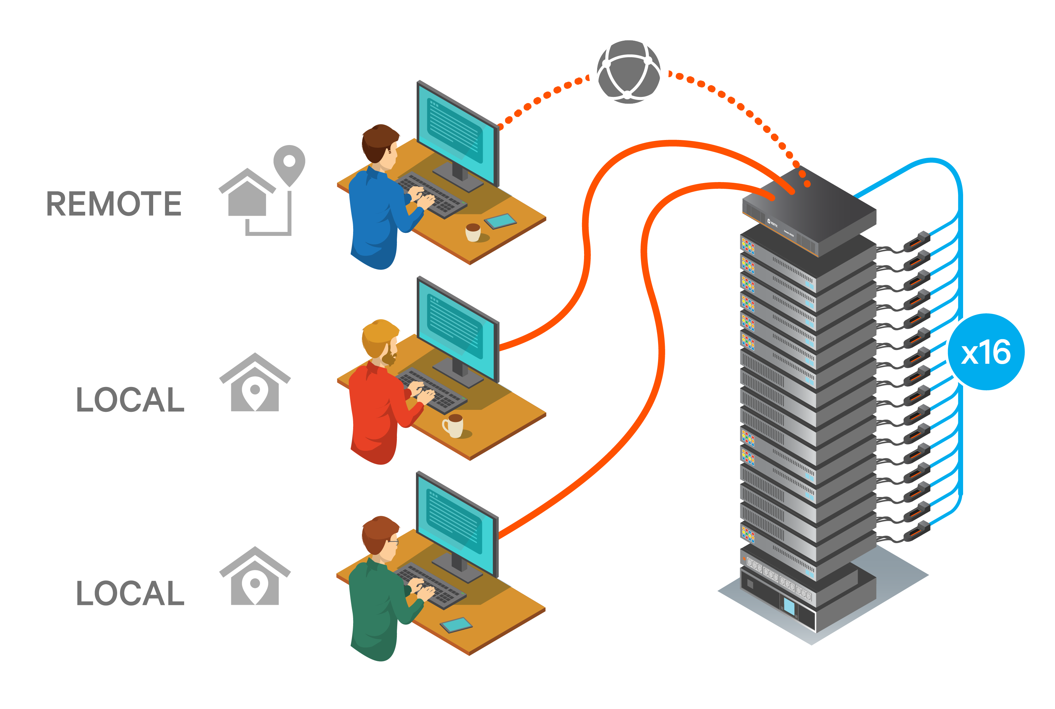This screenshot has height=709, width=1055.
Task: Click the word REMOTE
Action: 114,204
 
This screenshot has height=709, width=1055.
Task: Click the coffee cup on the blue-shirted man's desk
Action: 473,233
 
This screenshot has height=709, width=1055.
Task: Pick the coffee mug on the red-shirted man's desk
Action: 453,426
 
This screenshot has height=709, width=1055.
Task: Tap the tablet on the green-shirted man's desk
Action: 456,625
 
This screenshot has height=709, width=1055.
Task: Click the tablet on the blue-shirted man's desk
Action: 501,221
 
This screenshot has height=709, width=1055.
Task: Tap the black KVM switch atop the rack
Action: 810,210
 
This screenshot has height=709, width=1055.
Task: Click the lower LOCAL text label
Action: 130,593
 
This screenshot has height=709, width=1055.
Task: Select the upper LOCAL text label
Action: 130,400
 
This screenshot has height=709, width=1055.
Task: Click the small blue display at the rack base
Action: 789,607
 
